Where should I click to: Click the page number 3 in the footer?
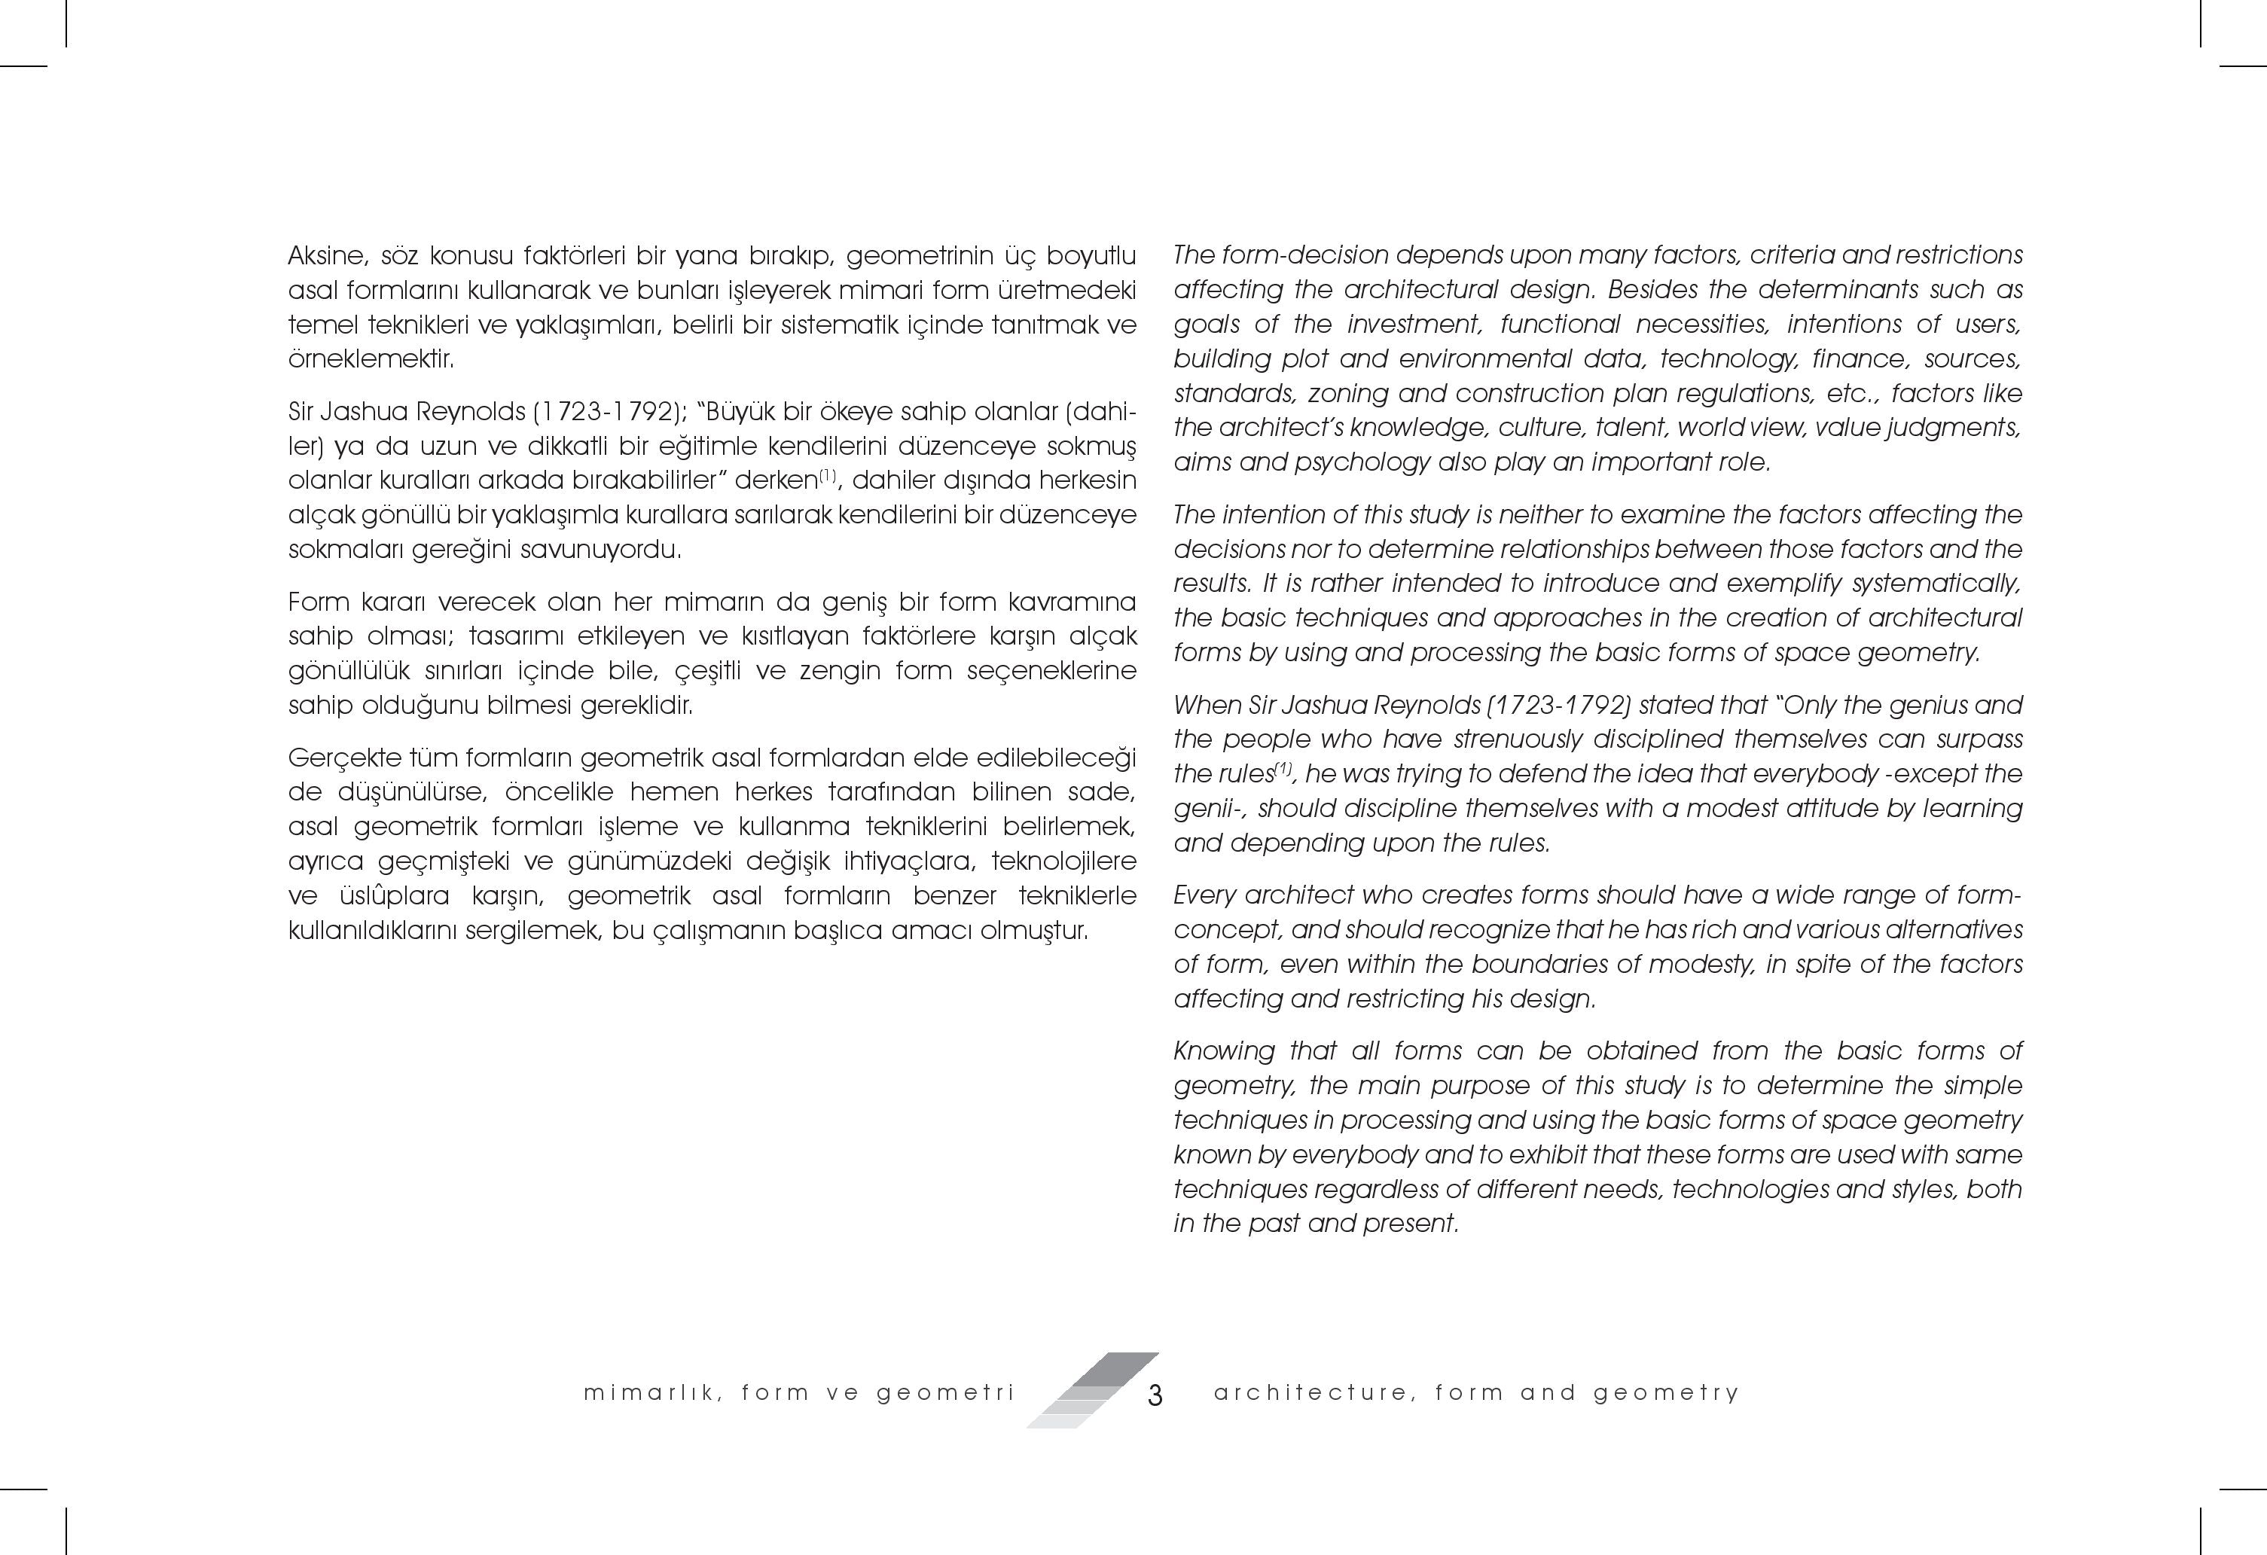pyautogui.click(x=1155, y=1396)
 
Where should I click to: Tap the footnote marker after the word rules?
pyautogui.click(x=1283, y=769)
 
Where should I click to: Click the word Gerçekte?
pyautogui.click(x=341, y=758)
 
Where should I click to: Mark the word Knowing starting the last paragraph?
pyautogui.click(x=1223, y=1050)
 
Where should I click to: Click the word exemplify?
pyautogui.click(x=1780, y=584)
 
